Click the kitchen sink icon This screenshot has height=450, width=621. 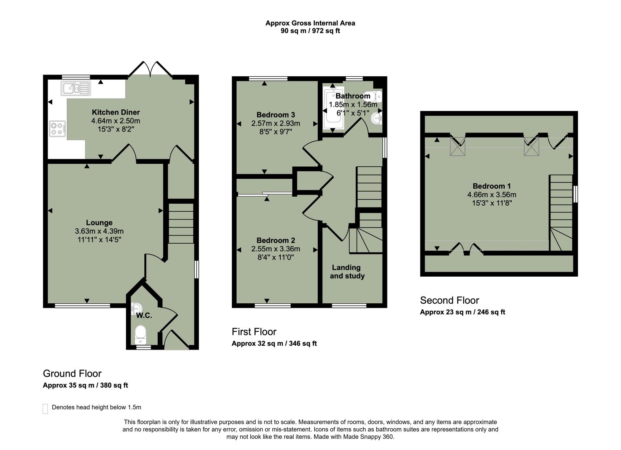(75, 88)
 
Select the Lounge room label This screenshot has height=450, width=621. (99, 222)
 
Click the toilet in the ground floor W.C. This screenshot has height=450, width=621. (141, 333)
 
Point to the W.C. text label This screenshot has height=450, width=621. (144, 315)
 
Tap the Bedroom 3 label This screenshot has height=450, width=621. (276, 115)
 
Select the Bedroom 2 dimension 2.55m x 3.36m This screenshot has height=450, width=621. (276, 249)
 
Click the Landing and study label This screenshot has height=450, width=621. (347, 272)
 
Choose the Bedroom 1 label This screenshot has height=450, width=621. (491, 186)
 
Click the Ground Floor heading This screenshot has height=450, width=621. (72, 373)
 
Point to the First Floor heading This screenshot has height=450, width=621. (254, 332)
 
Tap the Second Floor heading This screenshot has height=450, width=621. (449, 300)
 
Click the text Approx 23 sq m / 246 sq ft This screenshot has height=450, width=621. (462, 312)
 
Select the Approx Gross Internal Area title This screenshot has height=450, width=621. (310, 23)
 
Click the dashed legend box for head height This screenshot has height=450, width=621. (45, 408)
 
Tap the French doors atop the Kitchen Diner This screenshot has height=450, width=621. (150, 70)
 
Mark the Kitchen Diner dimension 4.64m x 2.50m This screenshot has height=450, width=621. (116, 121)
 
